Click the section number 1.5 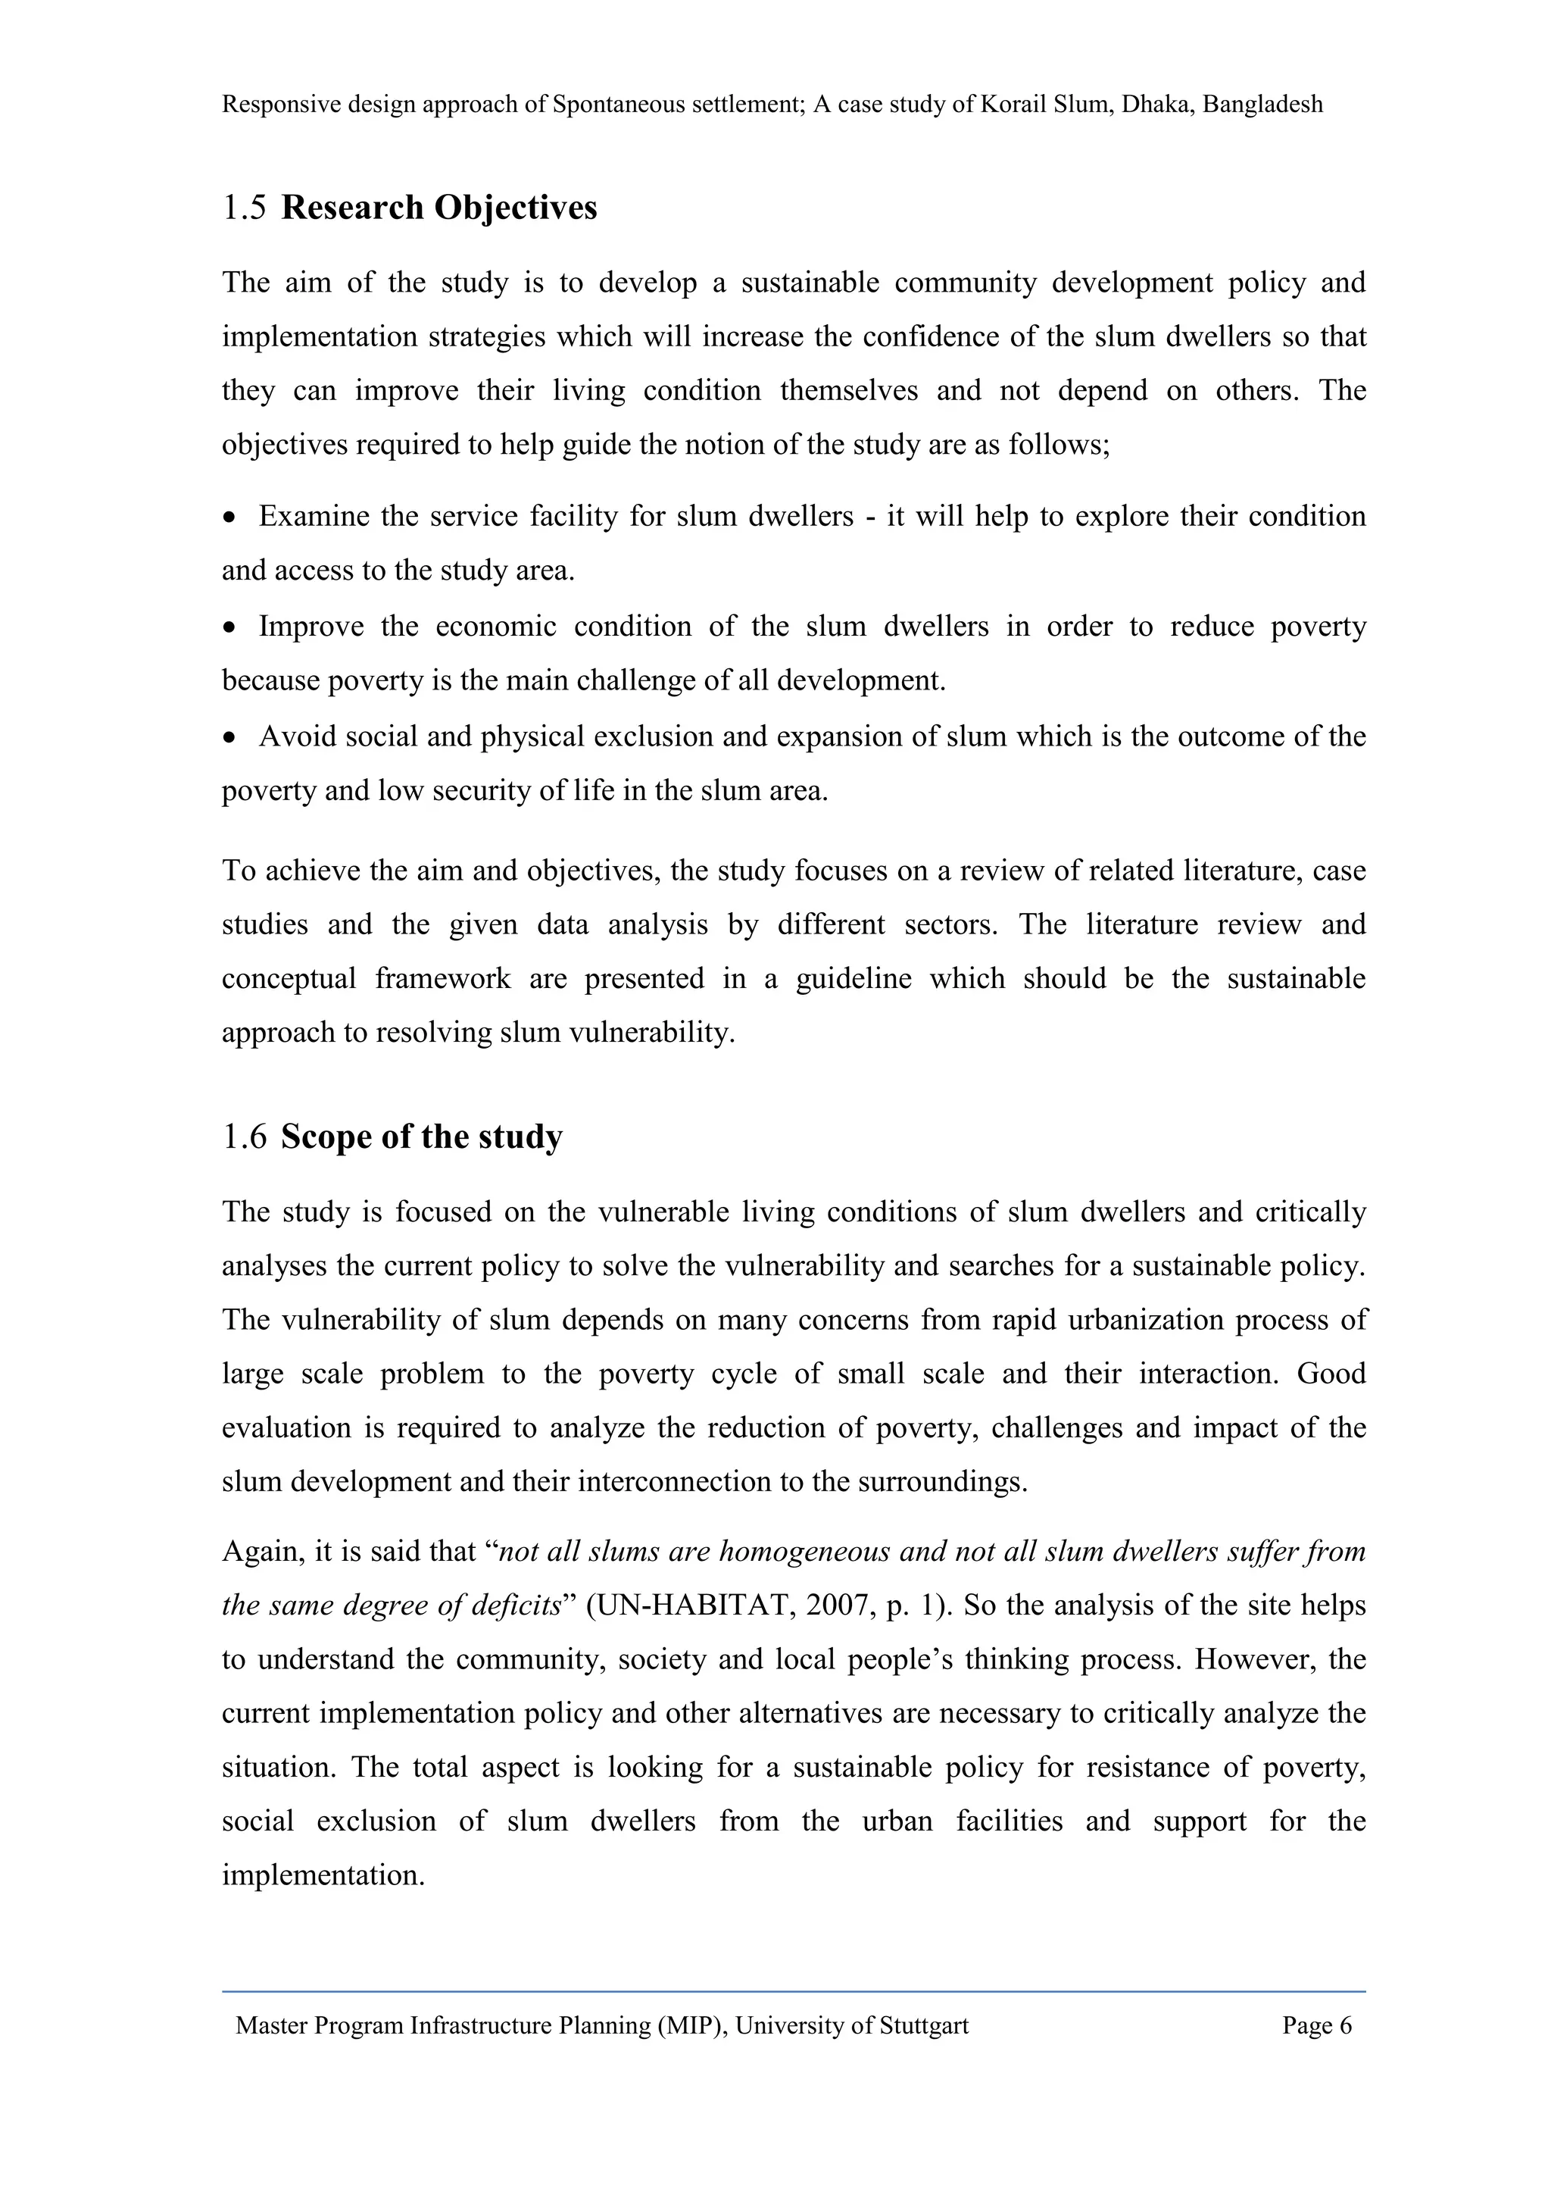tap(244, 208)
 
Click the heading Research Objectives tap(438, 208)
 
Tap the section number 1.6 tap(244, 1137)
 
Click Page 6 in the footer tap(1317, 2026)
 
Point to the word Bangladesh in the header tap(1262, 105)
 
